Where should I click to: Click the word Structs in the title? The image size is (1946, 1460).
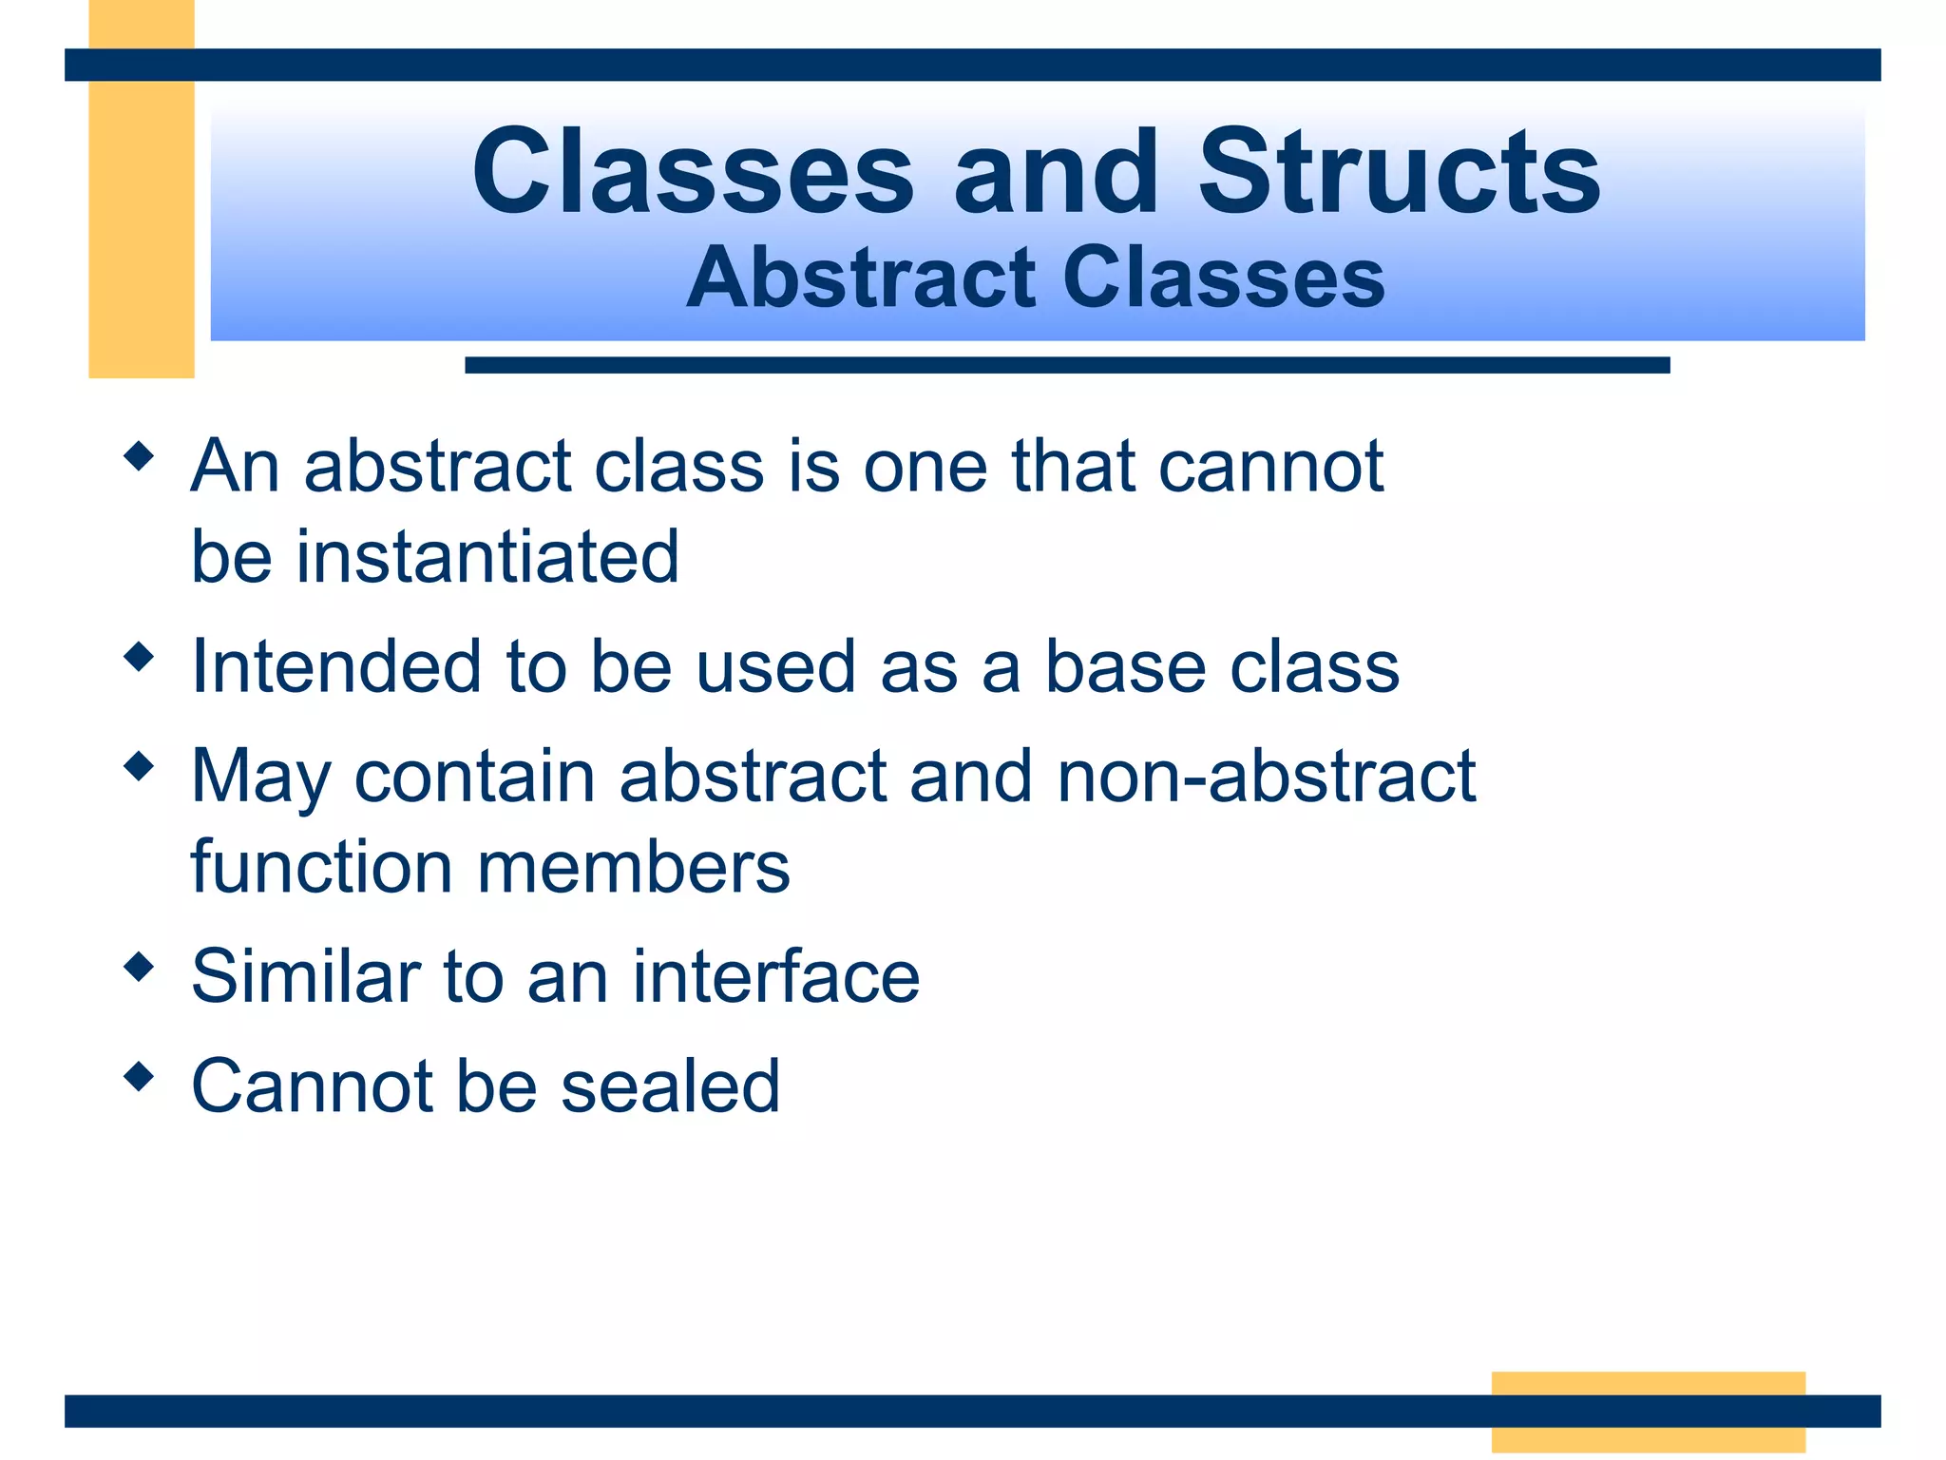pyautogui.click(x=1399, y=173)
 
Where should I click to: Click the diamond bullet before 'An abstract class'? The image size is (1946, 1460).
pyautogui.click(x=139, y=456)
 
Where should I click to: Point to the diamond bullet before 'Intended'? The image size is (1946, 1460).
pyautogui.click(x=139, y=657)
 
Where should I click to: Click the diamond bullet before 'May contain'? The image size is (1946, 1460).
pyautogui.click(x=139, y=766)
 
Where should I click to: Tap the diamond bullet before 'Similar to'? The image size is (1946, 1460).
pyautogui.click(x=139, y=968)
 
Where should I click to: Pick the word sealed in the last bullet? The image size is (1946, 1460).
pyautogui.click(x=670, y=1085)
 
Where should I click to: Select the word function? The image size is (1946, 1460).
pyautogui.click(x=321, y=867)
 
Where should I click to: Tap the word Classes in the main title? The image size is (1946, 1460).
pyautogui.click(x=693, y=173)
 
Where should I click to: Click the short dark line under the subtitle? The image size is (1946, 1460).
pyautogui.click(x=1066, y=365)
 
